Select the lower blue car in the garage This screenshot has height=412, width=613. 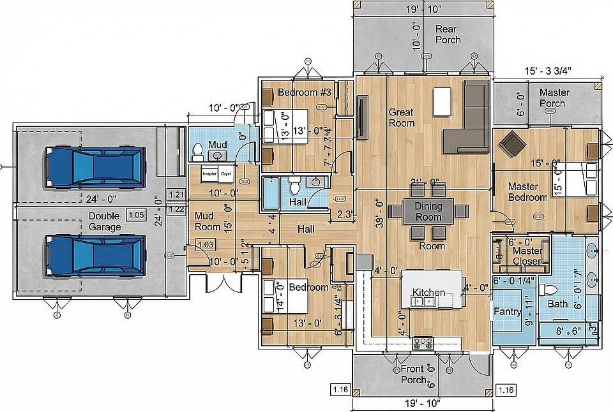click(95, 255)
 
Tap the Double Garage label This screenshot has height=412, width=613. click(105, 221)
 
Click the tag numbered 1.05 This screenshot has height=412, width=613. click(135, 215)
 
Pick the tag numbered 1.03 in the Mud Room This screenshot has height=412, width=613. click(205, 244)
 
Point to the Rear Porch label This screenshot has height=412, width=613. click(448, 34)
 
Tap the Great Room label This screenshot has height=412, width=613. click(402, 117)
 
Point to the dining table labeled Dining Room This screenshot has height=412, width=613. click(428, 211)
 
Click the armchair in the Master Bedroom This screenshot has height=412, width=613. click(513, 143)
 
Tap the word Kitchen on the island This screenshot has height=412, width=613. click(428, 292)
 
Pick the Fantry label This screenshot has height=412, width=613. click(508, 312)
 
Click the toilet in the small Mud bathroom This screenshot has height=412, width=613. click(198, 152)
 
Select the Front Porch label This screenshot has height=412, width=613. click(412, 374)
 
